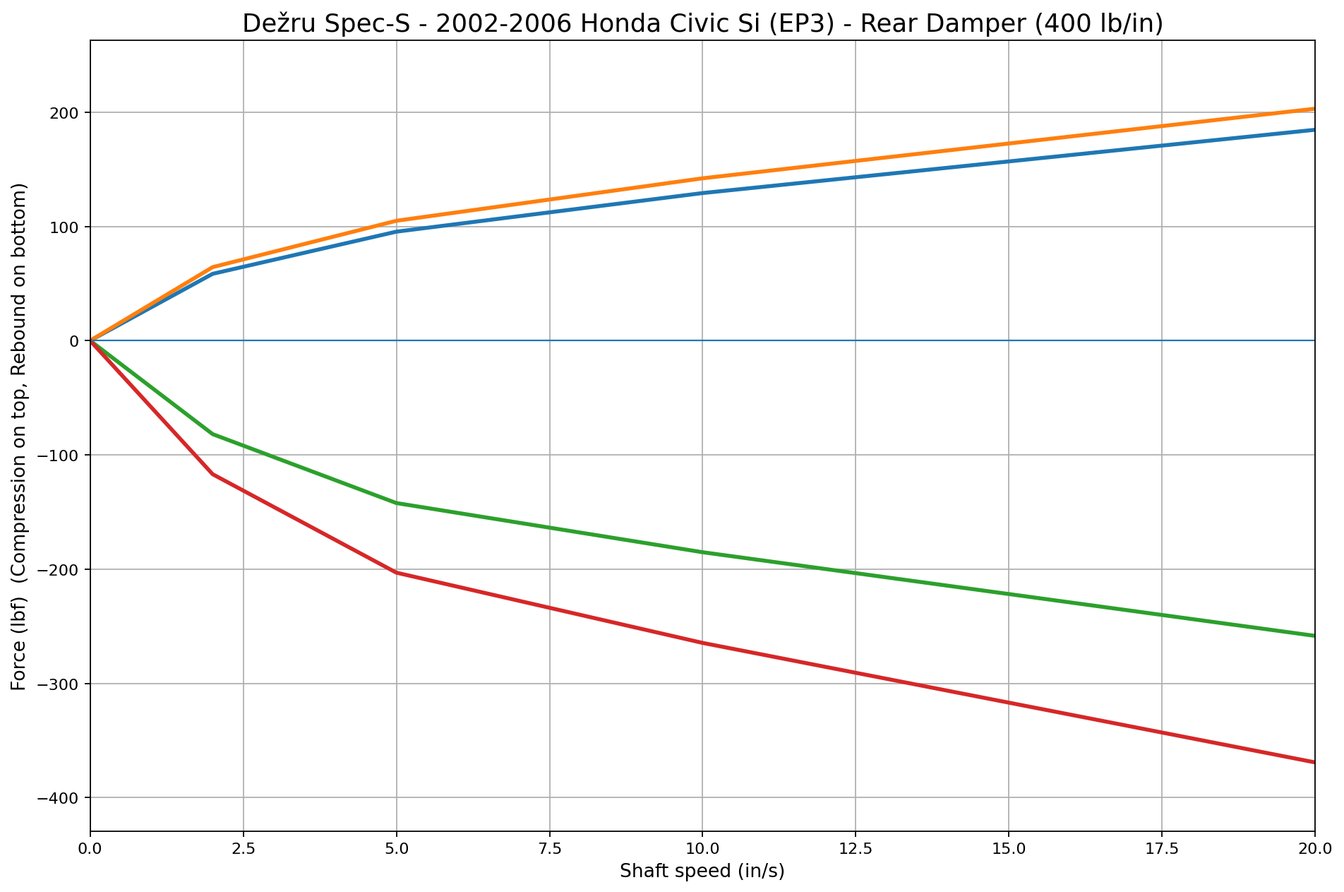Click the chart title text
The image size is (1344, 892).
(702, 24)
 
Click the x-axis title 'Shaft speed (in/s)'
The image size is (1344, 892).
(702, 872)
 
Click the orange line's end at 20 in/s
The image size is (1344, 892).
(1314, 109)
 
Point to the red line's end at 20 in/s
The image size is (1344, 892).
(1314, 762)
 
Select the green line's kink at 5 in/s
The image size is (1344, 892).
(396, 503)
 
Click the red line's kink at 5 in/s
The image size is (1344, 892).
(396, 572)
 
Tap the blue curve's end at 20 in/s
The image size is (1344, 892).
(1314, 130)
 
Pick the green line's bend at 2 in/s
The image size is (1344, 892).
(212, 434)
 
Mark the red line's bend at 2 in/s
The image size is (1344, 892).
(212, 474)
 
